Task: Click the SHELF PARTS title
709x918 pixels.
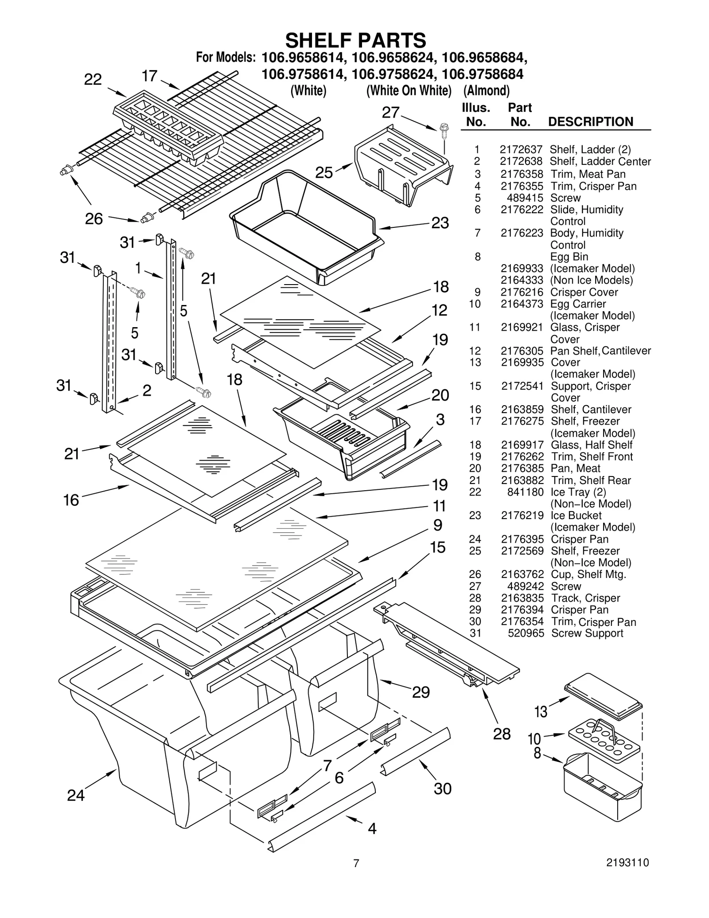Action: click(355, 40)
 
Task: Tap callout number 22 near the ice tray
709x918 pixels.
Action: click(93, 79)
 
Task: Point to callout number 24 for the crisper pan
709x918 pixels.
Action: click(75, 795)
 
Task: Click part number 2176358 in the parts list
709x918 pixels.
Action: click(522, 174)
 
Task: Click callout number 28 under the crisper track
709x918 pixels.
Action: click(502, 734)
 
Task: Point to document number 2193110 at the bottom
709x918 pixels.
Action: click(627, 862)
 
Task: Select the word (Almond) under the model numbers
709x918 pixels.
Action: click(486, 90)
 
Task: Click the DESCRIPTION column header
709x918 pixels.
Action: click(591, 121)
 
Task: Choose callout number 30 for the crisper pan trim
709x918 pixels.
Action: click(442, 789)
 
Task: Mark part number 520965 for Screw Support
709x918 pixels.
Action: click(526, 633)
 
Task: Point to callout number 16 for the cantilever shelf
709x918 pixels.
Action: click(71, 500)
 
